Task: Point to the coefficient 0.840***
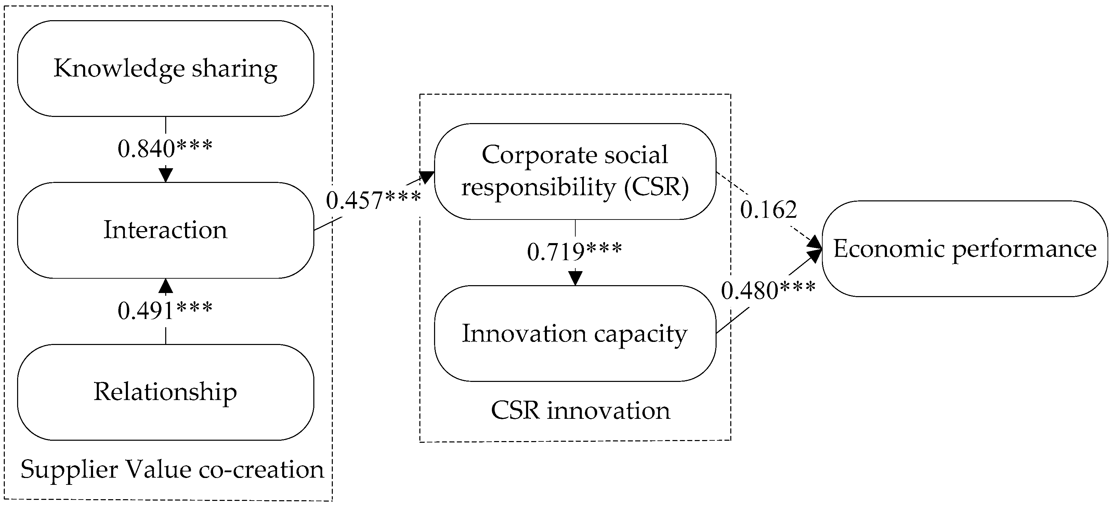[x=165, y=149]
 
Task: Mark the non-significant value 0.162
[x=768, y=210]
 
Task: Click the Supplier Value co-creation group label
[x=172, y=469]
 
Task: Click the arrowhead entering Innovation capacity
[x=575, y=278]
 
